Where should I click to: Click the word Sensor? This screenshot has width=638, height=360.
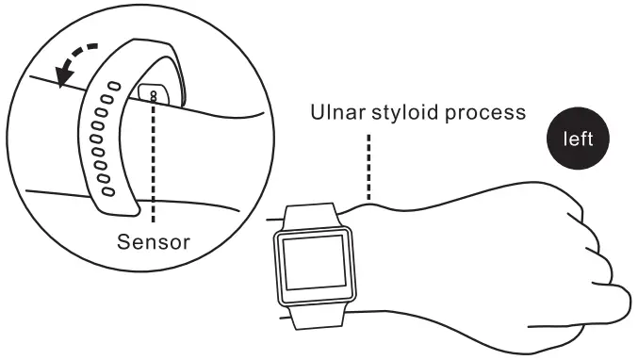point(154,240)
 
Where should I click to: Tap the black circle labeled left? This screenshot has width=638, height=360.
point(578,140)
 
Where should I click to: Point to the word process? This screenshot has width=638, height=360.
point(483,113)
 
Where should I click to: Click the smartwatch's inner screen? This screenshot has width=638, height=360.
point(314,263)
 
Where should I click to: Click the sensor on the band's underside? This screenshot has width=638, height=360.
point(152,93)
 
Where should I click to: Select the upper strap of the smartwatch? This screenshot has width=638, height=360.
point(310,215)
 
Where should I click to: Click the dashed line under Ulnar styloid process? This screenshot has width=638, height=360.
point(369,165)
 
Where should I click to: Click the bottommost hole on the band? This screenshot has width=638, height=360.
point(106,190)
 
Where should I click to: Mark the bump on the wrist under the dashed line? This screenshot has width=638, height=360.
point(369,201)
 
